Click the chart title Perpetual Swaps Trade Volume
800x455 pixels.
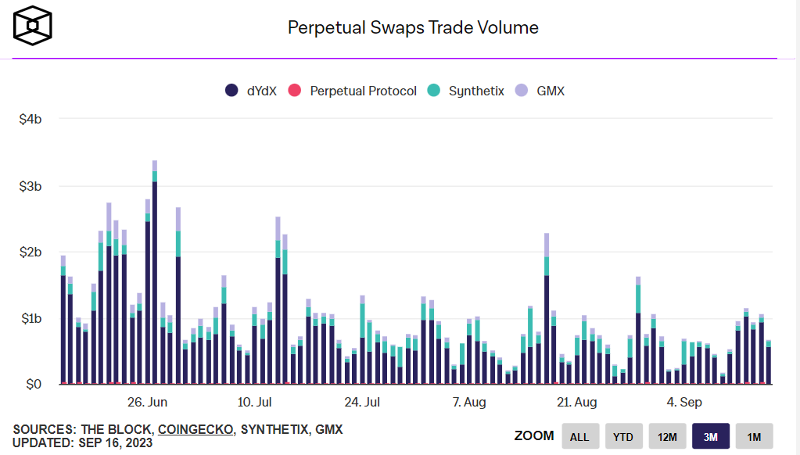[x=413, y=27]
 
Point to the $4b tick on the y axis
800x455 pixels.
[x=30, y=119]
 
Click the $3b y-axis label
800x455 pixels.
[x=30, y=186]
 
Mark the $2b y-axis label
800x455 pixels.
[x=30, y=253]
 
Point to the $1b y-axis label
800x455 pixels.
[x=30, y=319]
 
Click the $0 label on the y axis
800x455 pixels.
[x=33, y=385]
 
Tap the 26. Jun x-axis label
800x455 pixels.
[x=147, y=403]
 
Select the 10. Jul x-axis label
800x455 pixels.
[x=254, y=403]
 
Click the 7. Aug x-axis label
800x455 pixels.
[x=469, y=403]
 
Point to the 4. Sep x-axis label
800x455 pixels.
[x=684, y=403]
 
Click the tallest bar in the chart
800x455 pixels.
[x=155, y=281]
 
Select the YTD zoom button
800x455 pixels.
[x=622, y=436]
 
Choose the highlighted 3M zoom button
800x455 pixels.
[x=710, y=436]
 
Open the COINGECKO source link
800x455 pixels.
[x=195, y=429]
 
